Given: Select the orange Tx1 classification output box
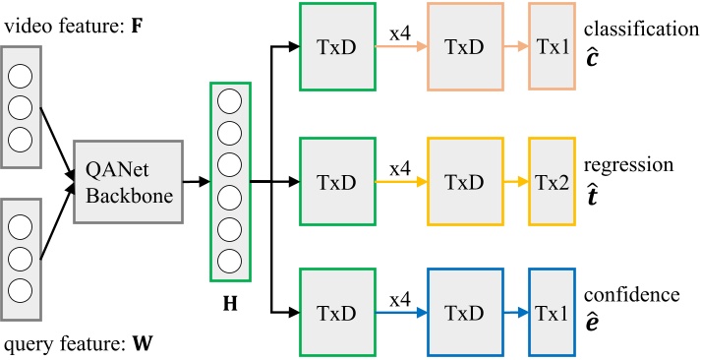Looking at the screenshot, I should coord(551,45).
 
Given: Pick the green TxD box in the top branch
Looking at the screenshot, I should coord(335,45).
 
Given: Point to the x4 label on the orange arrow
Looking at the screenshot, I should coord(398,32).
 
